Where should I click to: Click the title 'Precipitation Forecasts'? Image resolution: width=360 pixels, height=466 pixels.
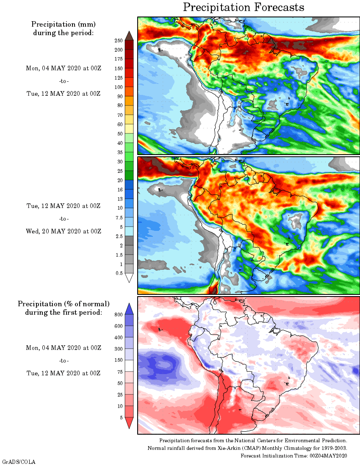click(244, 7)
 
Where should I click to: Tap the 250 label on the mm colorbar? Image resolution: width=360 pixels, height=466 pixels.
click(119, 41)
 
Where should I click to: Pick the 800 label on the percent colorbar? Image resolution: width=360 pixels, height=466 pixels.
click(119, 314)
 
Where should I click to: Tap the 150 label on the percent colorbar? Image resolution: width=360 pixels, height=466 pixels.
click(119, 360)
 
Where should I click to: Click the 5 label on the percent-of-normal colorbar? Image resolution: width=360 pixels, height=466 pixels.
click(121, 417)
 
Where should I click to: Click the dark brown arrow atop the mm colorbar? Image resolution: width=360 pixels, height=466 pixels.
click(130, 36)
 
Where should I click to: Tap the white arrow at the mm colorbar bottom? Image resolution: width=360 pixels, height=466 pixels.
click(130, 277)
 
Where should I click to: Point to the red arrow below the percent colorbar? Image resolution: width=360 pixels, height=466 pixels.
click(130, 422)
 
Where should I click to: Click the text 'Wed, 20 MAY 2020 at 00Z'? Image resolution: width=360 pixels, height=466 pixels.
click(64, 231)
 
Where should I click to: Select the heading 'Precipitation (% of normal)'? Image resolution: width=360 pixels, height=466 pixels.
click(64, 304)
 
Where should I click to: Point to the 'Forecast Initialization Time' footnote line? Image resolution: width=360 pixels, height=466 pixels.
click(294, 455)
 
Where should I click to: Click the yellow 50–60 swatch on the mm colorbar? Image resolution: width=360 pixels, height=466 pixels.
click(130, 129)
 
